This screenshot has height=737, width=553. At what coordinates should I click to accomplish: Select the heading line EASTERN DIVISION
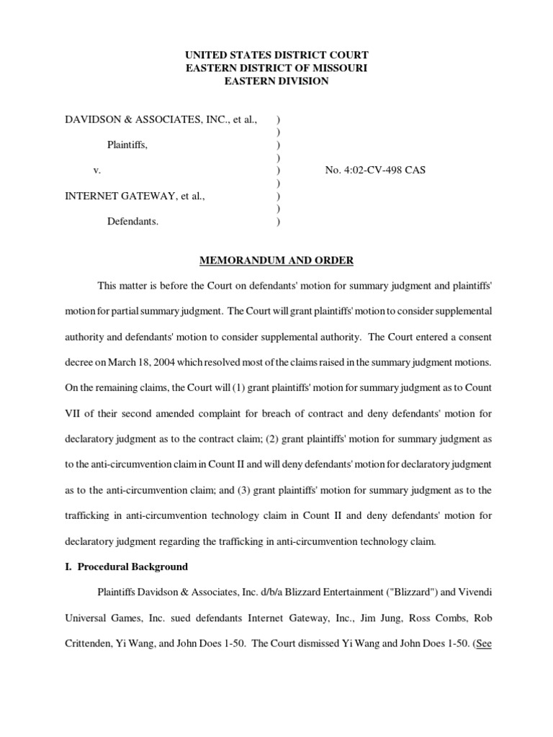[276, 81]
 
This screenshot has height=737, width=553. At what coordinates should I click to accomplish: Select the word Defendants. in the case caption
[133, 222]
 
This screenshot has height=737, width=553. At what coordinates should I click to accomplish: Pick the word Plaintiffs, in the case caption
[127, 145]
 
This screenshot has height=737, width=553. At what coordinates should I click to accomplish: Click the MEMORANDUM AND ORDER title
[276, 260]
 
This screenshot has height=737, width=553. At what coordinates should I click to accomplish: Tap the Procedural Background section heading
[127, 566]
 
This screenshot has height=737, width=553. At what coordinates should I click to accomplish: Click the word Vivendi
[476, 592]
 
